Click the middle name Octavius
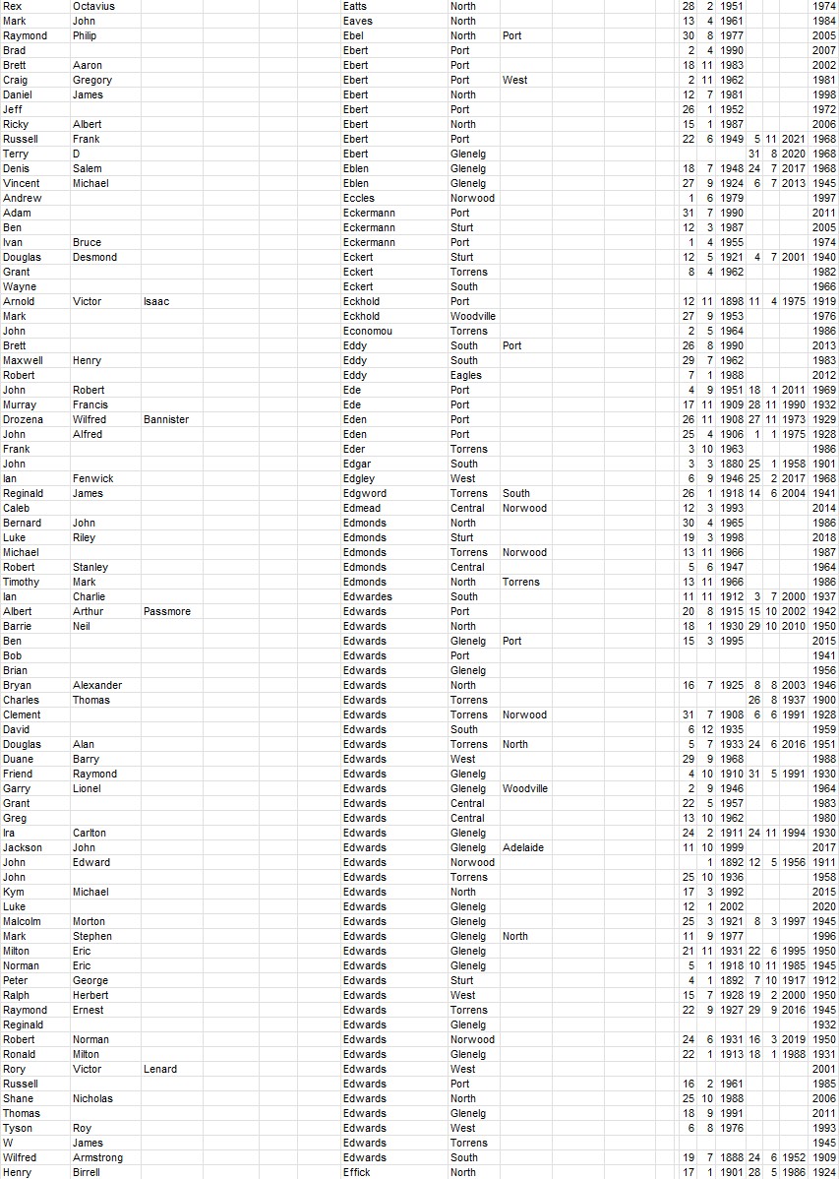click(x=94, y=6)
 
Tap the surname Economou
click(x=367, y=331)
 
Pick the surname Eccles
click(x=358, y=198)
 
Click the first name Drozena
click(x=23, y=419)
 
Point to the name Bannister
click(x=165, y=419)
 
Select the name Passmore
click(x=166, y=611)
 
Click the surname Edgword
click(x=364, y=493)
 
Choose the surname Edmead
click(x=361, y=508)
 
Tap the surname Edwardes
click(x=367, y=596)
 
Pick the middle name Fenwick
click(x=92, y=478)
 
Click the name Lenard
click(x=160, y=1069)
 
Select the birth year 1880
click(x=731, y=464)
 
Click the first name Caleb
click(x=17, y=508)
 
